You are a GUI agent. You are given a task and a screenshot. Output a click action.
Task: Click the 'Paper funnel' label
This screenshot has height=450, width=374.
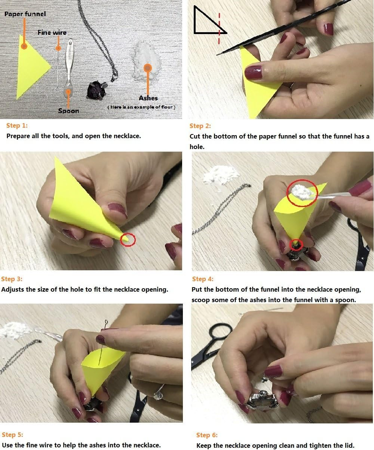coord(25,14)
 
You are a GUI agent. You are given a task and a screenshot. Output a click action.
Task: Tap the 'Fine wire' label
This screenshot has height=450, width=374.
coord(52,33)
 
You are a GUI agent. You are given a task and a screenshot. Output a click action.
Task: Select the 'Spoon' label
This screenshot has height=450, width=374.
coord(68,111)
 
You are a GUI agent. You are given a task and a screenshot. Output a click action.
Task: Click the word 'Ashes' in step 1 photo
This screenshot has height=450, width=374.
coord(148,98)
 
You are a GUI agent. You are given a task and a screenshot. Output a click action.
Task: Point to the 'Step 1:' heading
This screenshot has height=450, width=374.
coord(17,125)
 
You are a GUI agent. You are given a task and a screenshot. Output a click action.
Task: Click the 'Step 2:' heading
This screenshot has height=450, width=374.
coord(200,126)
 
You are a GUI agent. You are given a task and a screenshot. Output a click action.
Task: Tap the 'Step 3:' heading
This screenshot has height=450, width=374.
coord(12,279)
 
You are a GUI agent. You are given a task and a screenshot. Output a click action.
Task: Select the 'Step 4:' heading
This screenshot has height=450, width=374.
coord(203,279)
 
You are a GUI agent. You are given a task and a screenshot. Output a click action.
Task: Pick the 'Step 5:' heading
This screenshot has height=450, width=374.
coord(12,435)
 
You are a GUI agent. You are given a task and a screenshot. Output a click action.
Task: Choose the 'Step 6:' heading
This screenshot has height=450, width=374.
coord(207,435)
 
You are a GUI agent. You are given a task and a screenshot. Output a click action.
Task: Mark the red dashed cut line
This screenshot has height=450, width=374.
coord(219,28)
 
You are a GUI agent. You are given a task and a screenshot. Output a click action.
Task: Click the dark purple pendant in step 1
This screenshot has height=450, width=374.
coord(96,90)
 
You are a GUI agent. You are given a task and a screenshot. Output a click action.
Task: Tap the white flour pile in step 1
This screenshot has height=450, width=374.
coord(147,61)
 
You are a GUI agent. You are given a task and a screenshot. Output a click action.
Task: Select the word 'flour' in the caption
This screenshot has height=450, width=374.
coord(167,107)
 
